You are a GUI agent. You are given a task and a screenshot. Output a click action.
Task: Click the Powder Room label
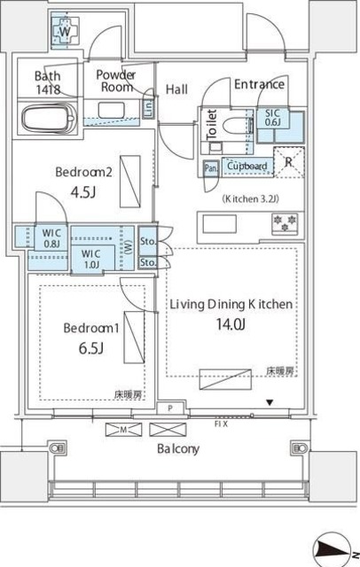click(x=115, y=81)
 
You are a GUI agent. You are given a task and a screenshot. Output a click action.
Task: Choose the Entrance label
click(x=259, y=85)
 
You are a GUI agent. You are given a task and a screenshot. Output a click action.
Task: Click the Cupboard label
click(x=247, y=166)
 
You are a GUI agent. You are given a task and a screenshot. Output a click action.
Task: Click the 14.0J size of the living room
click(x=231, y=324)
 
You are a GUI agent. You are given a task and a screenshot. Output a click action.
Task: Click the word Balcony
click(x=178, y=449)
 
